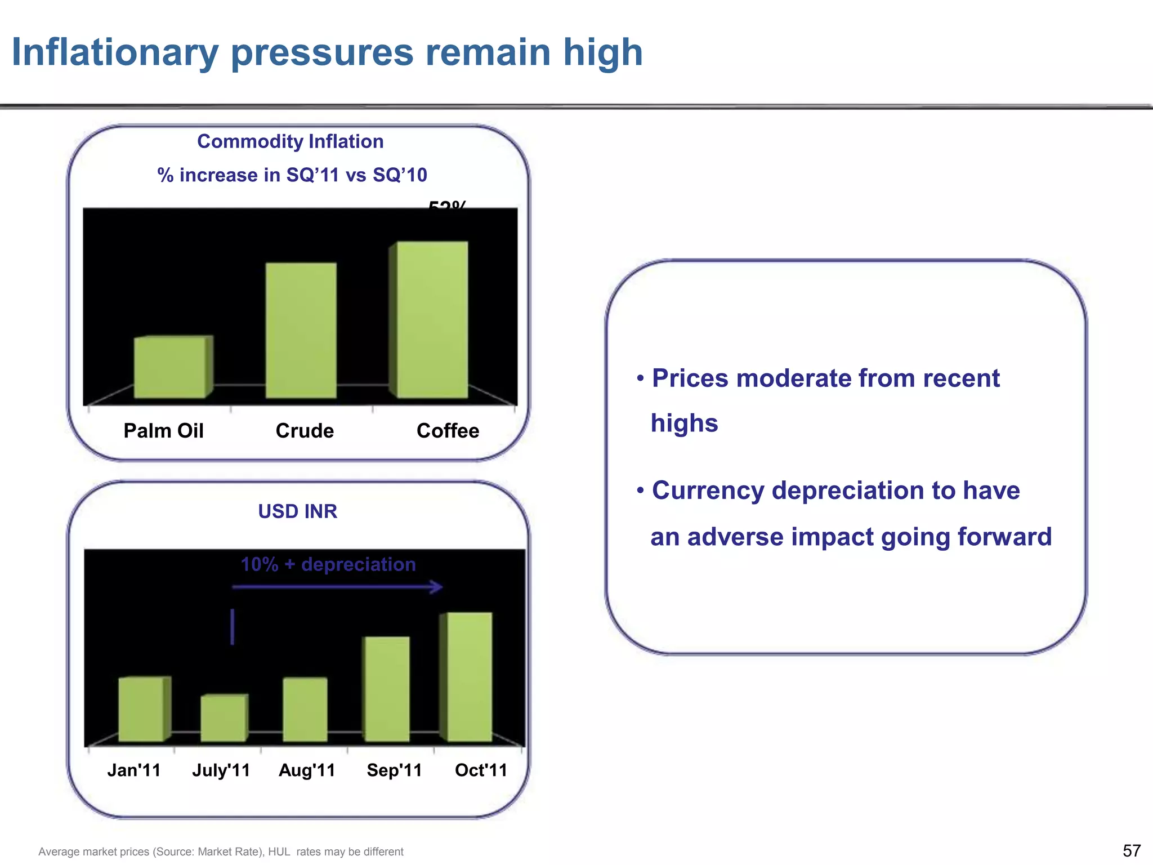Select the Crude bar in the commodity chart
click(x=301, y=331)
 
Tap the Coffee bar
click(x=431, y=320)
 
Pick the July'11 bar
click(x=224, y=718)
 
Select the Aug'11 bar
click(x=305, y=710)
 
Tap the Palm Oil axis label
click(x=163, y=431)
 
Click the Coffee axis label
click(x=448, y=431)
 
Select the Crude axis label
click(x=305, y=431)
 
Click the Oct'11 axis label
click(x=481, y=770)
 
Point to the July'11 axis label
click(x=221, y=770)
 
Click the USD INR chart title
click(x=297, y=511)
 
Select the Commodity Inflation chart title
click(x=290, y=141)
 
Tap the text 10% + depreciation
click(x=328, y=564)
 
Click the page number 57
click(x=1132, y=850)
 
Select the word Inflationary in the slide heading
click(x=115, y=52)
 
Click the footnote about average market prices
click(x=221, y=851)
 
